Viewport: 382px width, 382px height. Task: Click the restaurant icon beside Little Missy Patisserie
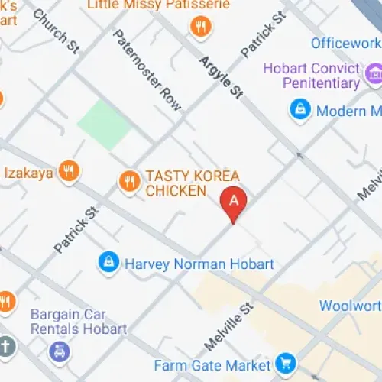pyautogui.click(x=201, y=28)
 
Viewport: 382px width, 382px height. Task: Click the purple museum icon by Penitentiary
pyautogui.click(x=374, y=74)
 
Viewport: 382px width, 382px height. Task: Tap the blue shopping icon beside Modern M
pyautogui.click(x=299, y=110)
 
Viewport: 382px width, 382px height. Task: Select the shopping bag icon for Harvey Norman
pyautogui.click(x=108, y=263)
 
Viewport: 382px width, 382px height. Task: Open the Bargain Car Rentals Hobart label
pyautogui.click(x=78, y=321)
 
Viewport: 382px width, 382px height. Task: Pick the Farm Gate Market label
pyautogui.click(x=212, y=365)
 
